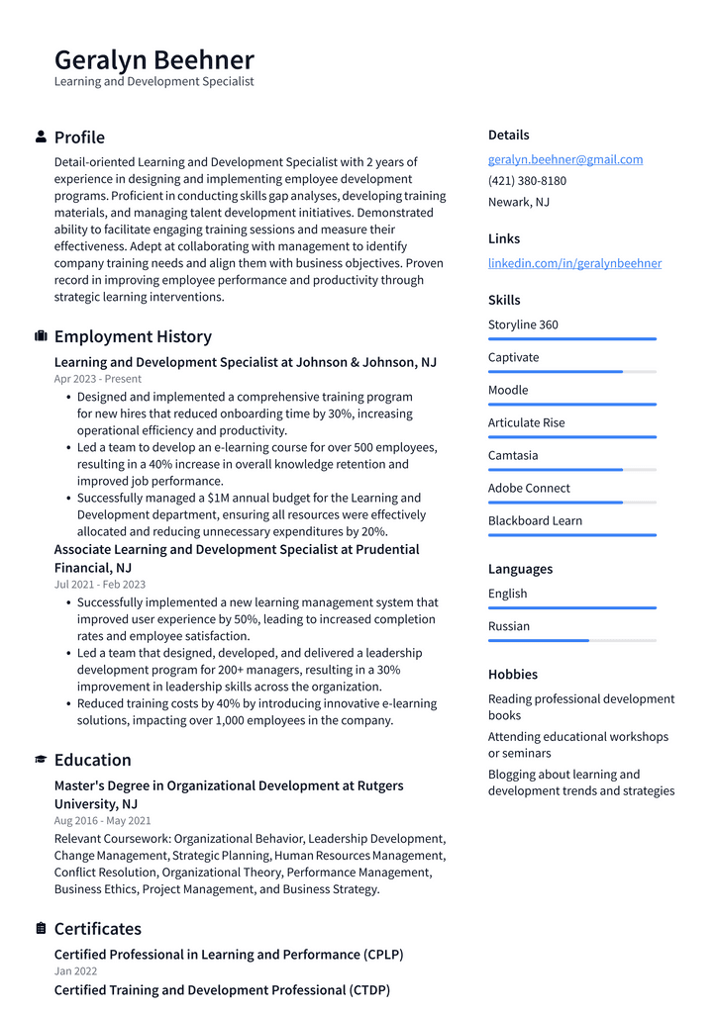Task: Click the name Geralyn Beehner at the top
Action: (x=154, y=59)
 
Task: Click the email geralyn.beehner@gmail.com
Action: (x=564, y=159)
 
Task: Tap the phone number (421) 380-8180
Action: (x=527, y=181)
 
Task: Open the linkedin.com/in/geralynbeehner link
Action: (x=574, y=263)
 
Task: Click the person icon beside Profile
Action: (x=41, y=137)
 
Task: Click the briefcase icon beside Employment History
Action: (x=41, y=336)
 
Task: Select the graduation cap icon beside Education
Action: (x=41, y=760)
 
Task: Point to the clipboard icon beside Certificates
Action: (x=41, y=928)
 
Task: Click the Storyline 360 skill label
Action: (x=523, y=324)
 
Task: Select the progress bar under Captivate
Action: (x=571, y=372)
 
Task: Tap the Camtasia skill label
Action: (x=513, y=455)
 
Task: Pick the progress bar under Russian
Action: (x=571, y=641)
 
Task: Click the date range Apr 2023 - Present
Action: (x=97, y=379)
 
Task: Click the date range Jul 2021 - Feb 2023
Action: (x=99, y=585)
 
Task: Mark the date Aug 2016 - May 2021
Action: (x=102, y=820)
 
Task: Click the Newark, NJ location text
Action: (x=518, y=202)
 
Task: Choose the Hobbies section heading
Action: (x=512, y=675)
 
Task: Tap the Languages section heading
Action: (x=520, y=569)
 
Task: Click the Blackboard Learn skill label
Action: (x=535, y=520)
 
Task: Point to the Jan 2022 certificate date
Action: (x=75, y=971)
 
